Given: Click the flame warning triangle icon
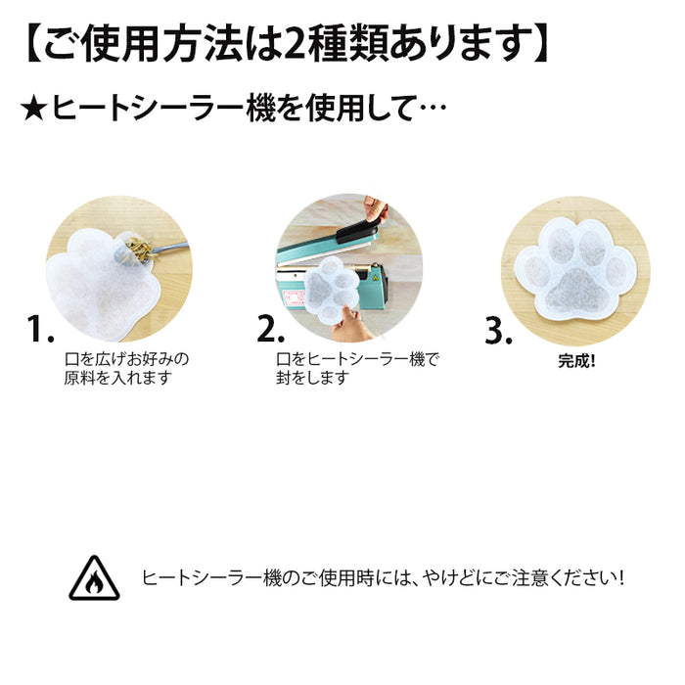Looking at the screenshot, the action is click(x=94, y=578).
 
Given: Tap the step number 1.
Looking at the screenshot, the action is click(x=40, y=328).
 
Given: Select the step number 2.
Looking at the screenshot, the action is click(x=270, y=328).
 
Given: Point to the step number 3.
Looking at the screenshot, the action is click(x=498, y=331).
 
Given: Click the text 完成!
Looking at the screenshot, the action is click(x=576, y=361).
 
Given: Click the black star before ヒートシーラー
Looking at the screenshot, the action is click(x=34, y=110).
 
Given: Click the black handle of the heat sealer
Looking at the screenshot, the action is click(x=357, y=232).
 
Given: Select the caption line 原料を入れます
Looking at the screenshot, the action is click(x=118, y=378).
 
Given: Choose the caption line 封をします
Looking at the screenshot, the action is click(x=313, y=378).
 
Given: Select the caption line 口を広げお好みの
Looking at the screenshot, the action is click(x=126, y=359).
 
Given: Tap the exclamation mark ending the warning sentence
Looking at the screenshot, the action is click(x=620, y=578).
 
